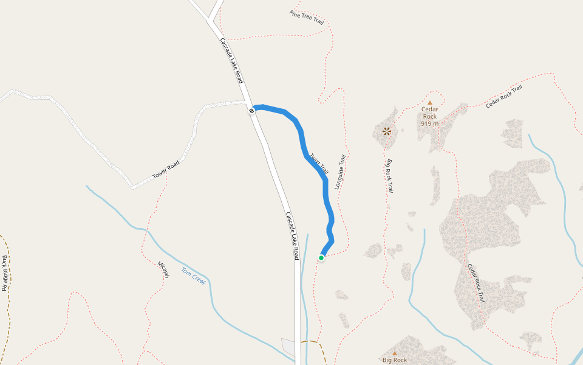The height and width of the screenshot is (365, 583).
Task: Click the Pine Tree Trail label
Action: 307,17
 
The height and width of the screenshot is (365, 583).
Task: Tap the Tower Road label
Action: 166,170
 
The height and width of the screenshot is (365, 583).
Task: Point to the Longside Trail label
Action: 340,172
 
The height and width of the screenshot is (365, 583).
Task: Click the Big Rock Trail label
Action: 390,176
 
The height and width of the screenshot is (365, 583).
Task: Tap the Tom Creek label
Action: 194,276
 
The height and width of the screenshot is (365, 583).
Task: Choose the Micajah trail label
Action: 163,269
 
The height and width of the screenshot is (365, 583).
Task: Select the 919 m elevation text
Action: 429,123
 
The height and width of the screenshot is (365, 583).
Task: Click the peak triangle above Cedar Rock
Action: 430,103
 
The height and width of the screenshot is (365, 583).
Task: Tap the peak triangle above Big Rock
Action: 394,353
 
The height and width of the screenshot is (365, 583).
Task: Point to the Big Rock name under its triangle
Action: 395,360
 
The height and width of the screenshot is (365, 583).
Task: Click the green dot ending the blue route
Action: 321,258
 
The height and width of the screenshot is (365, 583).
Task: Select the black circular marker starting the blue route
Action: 251,110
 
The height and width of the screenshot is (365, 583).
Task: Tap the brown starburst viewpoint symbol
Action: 386,130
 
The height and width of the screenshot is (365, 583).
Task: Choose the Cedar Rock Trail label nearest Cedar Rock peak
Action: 503,97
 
